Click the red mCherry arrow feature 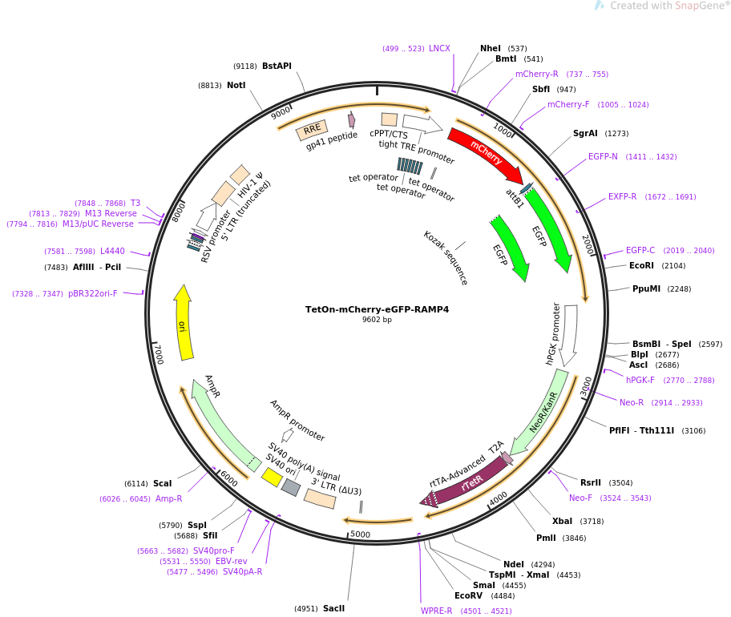tap(485, 154)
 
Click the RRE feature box tap(312, 129)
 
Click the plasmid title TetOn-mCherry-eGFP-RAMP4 tap(377, 309)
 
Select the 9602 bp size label tap(377, 320)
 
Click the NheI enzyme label tap(491, 49)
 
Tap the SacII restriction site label tap(333, 608)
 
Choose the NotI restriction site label tap(236, 85)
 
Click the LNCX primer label tap(439, 49)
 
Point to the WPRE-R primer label tap(437, 611)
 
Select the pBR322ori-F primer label tap(93, 294)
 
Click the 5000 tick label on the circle tap(360, 534)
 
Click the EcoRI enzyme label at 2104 tap(641, 265)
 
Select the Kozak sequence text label tap(446, 258)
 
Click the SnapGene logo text tap(697, 6)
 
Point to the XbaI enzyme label tap(562, 521)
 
